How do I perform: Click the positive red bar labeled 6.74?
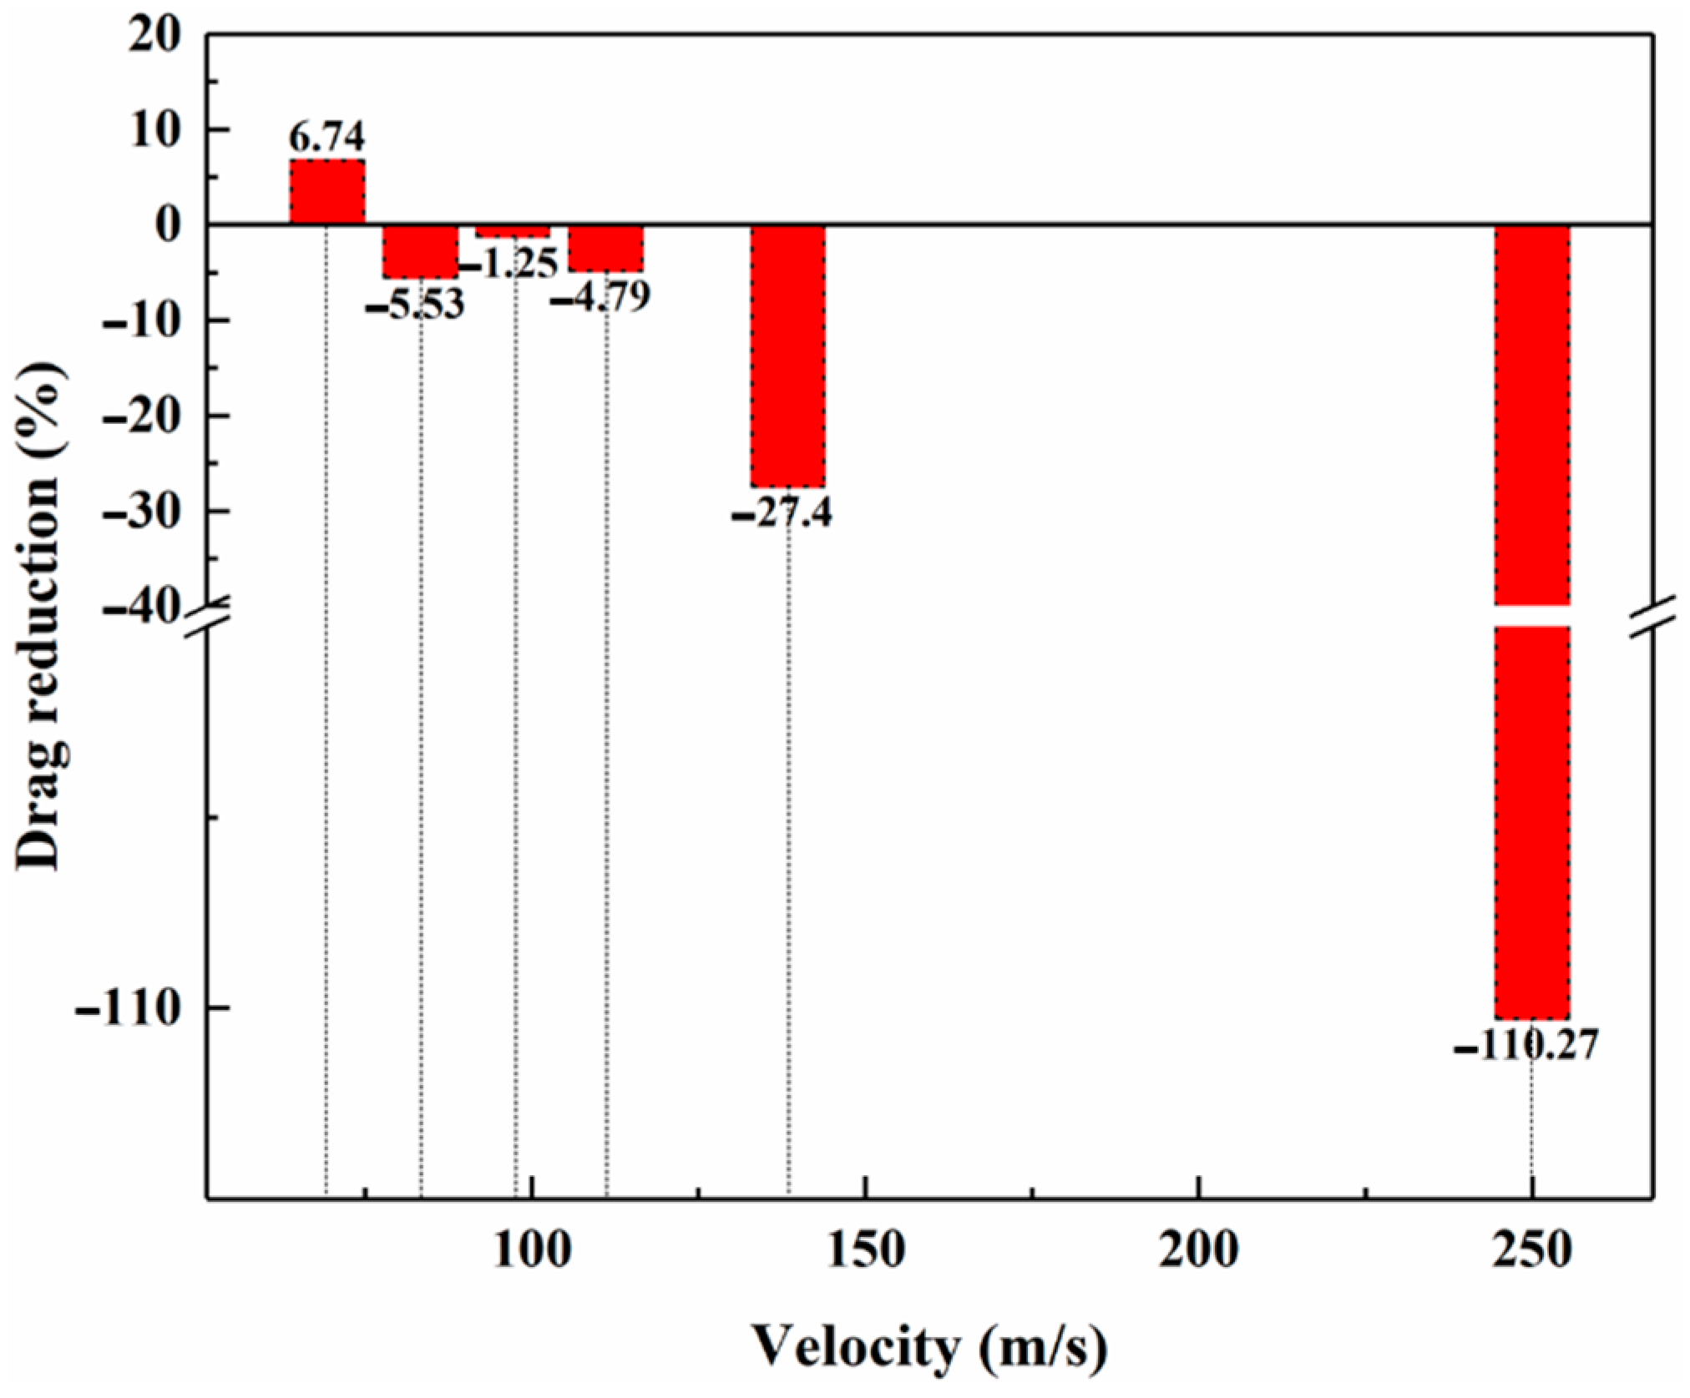pos(326,191)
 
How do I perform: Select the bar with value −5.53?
pos(420,250)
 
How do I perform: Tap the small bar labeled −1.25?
pos(513,230)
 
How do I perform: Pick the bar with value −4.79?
pos(605,248)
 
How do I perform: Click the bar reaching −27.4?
pos(787,355)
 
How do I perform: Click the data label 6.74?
pos(326,136)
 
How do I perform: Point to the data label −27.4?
pos(782,512)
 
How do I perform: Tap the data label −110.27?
pos(1526,1045)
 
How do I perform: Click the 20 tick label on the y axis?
pos(154,38)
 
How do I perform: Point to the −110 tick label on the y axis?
pos(129,1009)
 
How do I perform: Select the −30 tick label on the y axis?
pos(142,511)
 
